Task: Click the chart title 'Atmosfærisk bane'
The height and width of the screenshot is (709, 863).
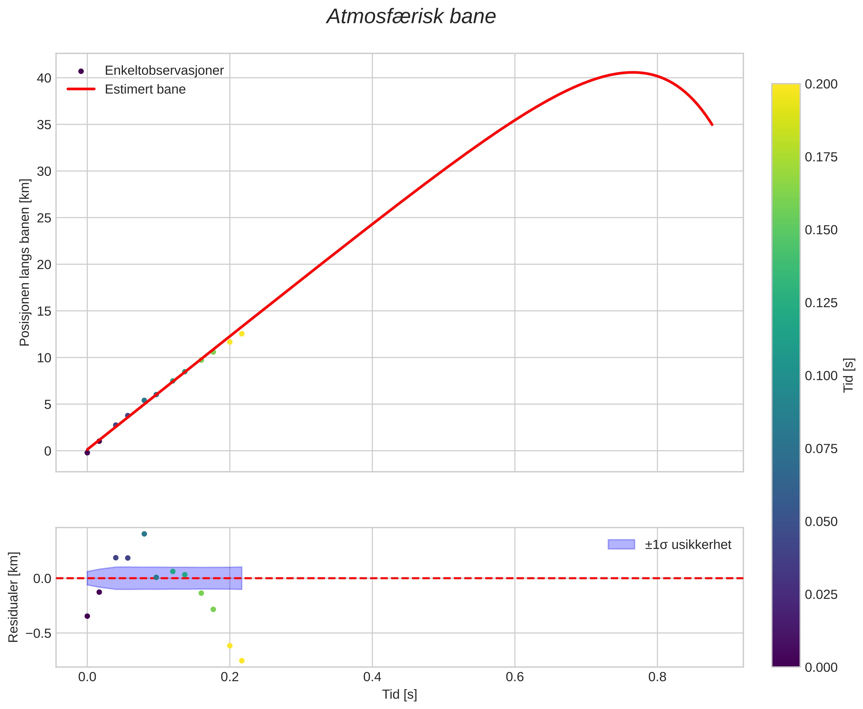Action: click(x=411, y=17)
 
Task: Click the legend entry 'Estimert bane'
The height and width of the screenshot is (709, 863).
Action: click(x=145, y=89)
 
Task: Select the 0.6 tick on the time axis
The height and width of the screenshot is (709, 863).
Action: click(x=515, y=677)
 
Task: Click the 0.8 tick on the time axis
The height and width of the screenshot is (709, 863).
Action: click(x=657, y=677)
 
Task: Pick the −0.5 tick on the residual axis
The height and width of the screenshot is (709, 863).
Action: click(x=39, y=634)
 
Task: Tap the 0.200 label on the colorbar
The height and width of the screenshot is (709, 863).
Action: click(x=821, y=84)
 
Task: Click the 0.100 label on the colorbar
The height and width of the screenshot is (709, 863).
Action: click(x=821, y=376)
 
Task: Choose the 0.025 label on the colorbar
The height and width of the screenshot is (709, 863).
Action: click(x=821, y=595)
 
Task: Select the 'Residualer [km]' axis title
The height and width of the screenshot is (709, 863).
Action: click(x=14, y=597)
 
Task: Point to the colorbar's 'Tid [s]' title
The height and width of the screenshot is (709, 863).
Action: click(x=849, y=375)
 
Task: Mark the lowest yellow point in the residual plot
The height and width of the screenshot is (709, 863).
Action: click(x=242, y=661)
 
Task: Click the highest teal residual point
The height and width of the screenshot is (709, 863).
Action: click(x=144, y=534)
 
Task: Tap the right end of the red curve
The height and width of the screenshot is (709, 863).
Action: click(x=712, y=125)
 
